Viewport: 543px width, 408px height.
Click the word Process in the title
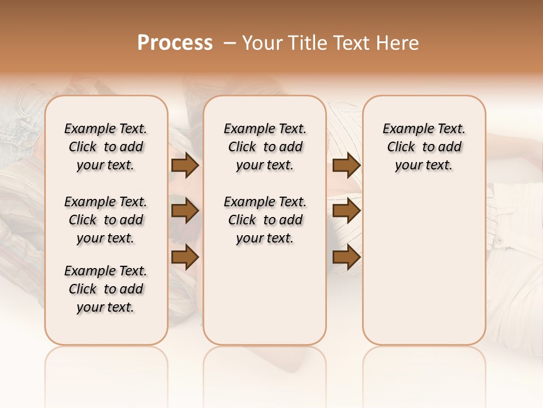pyautogui.click(x=175, y=43)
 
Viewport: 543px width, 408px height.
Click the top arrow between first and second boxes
pyautogui.click(x=185, y=165)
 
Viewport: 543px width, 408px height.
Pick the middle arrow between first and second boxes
pyautogui.click(x=185, y=211)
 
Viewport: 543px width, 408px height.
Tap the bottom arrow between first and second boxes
pyautogui.click(x=185, y=257)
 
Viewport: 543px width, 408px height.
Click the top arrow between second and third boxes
pyautogui.click(x=346, y=165)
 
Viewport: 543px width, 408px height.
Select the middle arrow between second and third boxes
pyautogui.click(x=346, y=211)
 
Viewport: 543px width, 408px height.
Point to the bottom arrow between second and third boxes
pyautogui.click(x=346, y=258)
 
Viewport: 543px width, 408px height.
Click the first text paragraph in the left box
pyautogui.click(x=106, y=147)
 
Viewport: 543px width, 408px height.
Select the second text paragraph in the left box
pyautogui.click(x=106, y=220)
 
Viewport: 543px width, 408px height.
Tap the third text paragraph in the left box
pyautogui.click(x=106, y=289)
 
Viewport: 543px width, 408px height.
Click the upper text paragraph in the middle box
pyautogui.click(x=265, y=147)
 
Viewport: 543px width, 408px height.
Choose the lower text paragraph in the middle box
pyautogui.click(x=265, y=220)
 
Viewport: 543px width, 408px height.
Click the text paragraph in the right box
pyautogui.click(x=424, y=147)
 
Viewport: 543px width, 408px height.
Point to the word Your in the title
pyautogui.click(x=262, y=43)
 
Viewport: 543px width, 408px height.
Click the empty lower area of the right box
pyautogui.click(x=424, y=266)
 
